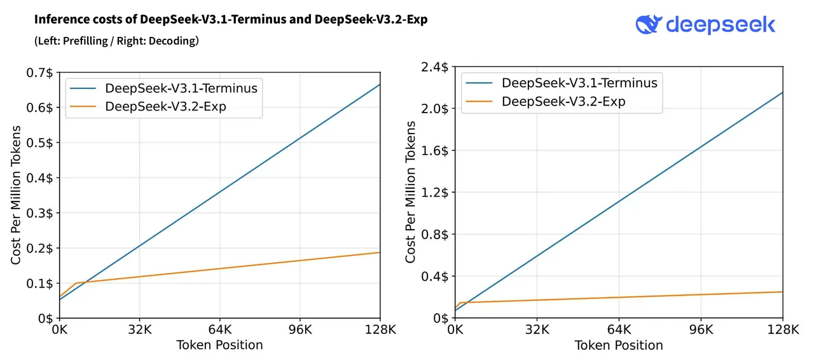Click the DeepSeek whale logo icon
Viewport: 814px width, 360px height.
click(649, 24)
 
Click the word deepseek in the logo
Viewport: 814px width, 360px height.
click(721, 25)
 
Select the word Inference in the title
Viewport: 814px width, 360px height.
click(59, 20)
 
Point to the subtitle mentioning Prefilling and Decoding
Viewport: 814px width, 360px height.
click(116, 41)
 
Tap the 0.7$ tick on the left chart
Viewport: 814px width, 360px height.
click(41, 73)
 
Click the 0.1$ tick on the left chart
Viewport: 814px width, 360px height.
click(41, 283)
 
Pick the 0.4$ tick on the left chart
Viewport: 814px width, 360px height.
click(41, 177)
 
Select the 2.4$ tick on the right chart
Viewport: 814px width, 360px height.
click(436, 67)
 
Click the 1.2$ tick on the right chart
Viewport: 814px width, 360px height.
click(436, 192)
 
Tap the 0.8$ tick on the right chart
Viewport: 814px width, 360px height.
click(436, 234)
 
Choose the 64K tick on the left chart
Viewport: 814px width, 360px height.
click(219, 330)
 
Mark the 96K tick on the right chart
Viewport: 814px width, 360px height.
click(701, 330)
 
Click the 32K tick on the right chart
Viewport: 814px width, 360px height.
click(537, 330)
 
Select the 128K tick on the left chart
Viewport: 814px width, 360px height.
click(380, 330)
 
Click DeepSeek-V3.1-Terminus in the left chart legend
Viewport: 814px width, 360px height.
click(181, 88)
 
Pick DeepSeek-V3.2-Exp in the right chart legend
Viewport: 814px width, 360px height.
click(563, 101)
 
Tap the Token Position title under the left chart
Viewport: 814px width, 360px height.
click(219, 345)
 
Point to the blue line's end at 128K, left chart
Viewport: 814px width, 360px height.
click(380, 85)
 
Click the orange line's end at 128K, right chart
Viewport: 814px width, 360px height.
click(782, 292)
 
